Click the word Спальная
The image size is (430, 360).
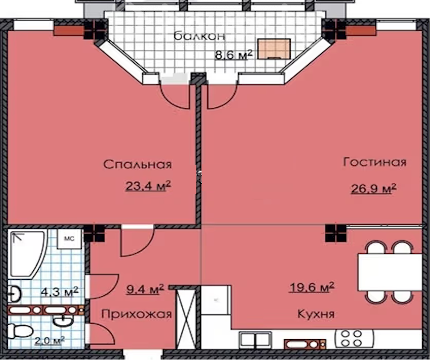point(137,164)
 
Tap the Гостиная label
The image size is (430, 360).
point(374,162)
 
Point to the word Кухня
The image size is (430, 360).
point(316,314)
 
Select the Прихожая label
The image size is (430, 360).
point(136,314)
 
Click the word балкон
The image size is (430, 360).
point(200,36)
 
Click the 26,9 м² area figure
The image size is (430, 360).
point(374,188)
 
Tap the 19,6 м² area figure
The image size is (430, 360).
point(311,288)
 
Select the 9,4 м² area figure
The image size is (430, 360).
point(145,289)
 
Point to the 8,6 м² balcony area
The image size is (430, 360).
point(233,55)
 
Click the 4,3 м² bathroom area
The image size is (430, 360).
point(59,291)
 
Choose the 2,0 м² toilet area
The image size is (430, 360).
point(50,341)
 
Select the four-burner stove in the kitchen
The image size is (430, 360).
point(354,338)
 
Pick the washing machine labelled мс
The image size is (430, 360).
point(69,239)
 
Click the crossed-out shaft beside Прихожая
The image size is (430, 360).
point(185,318)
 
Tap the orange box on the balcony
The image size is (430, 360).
point(274,49)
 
